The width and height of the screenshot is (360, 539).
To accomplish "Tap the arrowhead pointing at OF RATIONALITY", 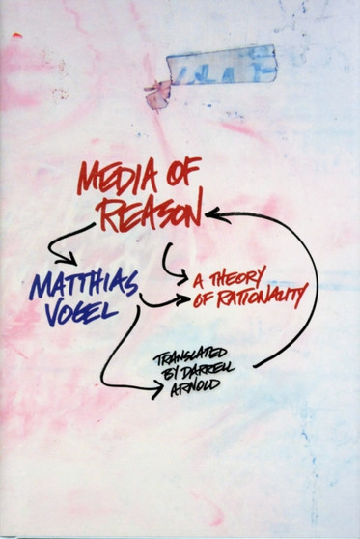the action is pos(183,301).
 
